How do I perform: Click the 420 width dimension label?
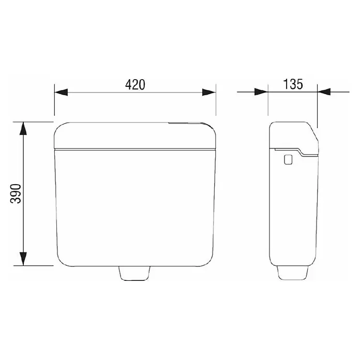pyautogui.click(x=135, y=85)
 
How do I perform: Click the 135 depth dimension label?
pyautogui.click(x=293, y=84)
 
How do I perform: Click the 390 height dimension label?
pyautogui.click(x=16, y=193)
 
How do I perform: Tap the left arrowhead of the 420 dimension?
pyautogui.click(x=61, y=92)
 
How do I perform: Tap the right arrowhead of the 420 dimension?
pyautogui.click(x=209, y=92)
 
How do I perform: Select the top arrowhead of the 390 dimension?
pyautogui.click(x=23, y=129)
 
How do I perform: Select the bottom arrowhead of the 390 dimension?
pyautogui.click(x=23, y=259)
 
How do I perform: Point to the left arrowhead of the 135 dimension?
pyautogui.click(x=261, y=92)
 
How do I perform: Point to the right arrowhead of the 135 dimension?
pyautogui.click(x=324, y=92)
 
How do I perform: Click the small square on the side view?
pyautogui.click(x=288, y=159)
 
